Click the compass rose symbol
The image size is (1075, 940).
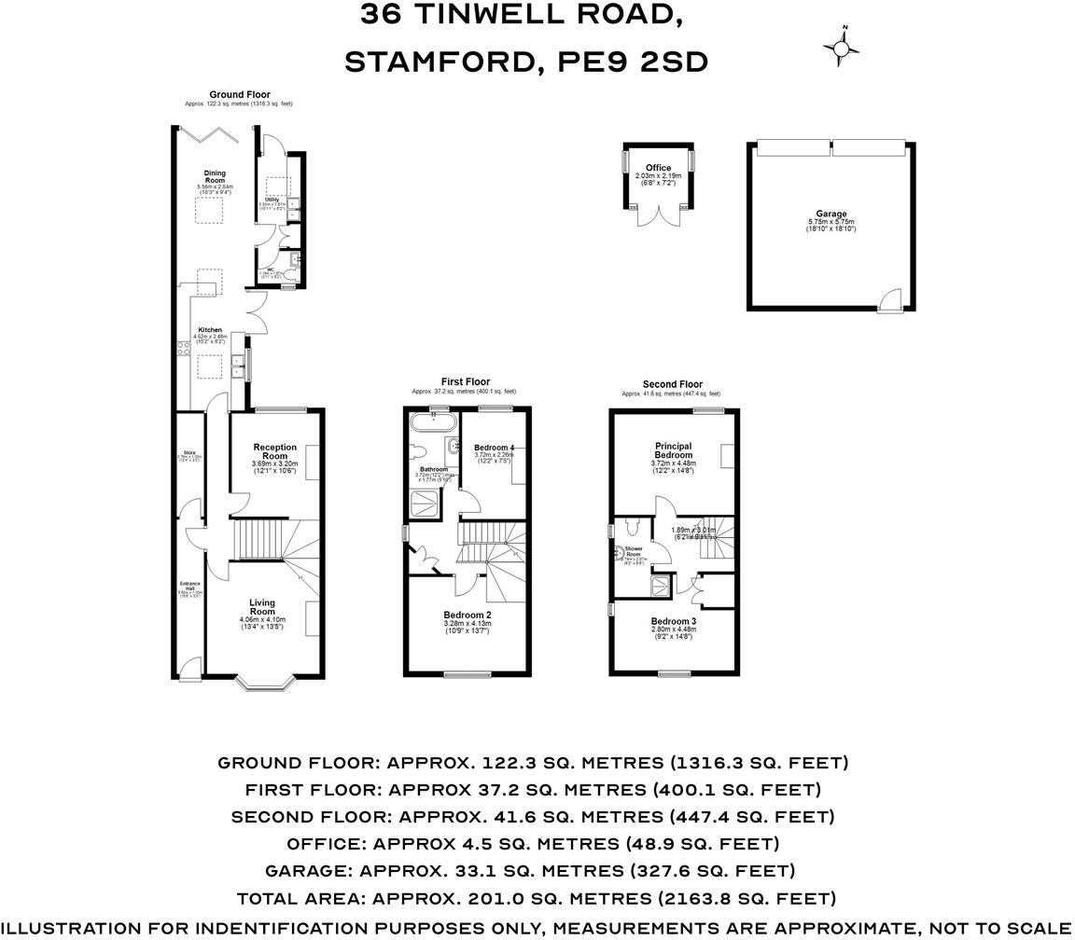click(x=841, y=48)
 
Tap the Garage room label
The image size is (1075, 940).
click(x=831, y=214)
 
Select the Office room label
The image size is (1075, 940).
click(x=658, y=168)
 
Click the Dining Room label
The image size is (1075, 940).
click(x=215, y=176)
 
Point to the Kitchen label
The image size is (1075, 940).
click(x=209, y=330)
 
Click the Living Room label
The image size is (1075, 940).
click(x=262, y=607)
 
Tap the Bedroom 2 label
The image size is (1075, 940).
click(x=467, y=615)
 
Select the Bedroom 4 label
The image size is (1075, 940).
click(x=494, y=448)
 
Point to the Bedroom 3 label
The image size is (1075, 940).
click(x=674, y=621)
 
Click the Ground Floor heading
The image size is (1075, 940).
click(x=239, y=94)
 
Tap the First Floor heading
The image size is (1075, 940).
click(x=465, y=381)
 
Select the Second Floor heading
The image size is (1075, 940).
click(x=672, y=384)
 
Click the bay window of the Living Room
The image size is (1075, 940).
click(x=265, y=684)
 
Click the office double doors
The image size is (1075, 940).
click(x=658, y=216)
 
